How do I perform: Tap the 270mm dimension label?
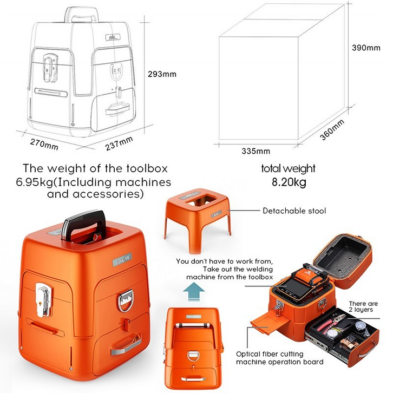(44, 145)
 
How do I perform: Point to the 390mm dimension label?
(366, 48)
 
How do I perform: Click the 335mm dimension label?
(256, 150)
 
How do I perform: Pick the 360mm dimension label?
(332, 129)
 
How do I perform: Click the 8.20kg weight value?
(288, 182)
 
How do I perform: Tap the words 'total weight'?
(288, 168)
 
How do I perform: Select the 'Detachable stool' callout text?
(294, 211)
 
